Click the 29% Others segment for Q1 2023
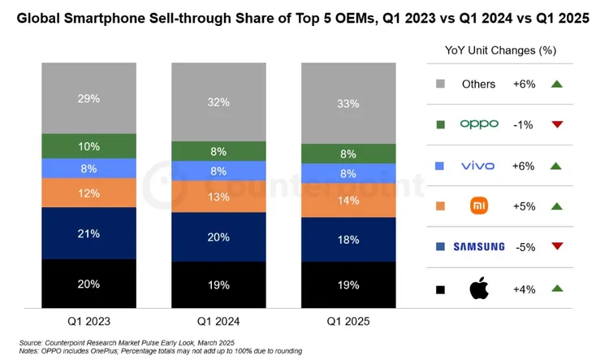pos(89,98)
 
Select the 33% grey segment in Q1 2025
pos(348,103)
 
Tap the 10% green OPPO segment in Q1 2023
pos(89,146)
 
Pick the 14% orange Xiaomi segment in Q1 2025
pos(348,200)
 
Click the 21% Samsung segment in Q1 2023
pos(89,233)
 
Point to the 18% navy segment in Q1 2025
pos(348,240)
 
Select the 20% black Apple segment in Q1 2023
pos(89,284)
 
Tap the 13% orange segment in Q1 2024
pos(218,196)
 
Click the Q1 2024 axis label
pos(218,321)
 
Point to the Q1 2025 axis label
pos(348,321)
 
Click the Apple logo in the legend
pos(478,288)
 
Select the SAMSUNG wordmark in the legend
pos(478,247)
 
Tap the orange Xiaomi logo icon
pos(478,206)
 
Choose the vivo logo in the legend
pos(478,166)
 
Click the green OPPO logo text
pos(478,124)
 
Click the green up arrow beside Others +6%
pos(556,84)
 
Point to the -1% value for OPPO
pos(524,124)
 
